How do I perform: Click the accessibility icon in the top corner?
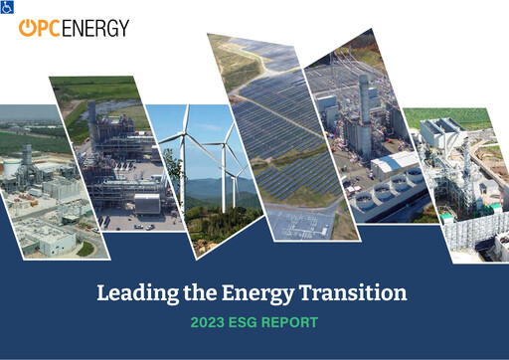tap(6, 6)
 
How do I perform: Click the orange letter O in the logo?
tap(28, 28)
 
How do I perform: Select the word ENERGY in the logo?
tap(95, 28)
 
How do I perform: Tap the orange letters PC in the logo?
tap(49, 28)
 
